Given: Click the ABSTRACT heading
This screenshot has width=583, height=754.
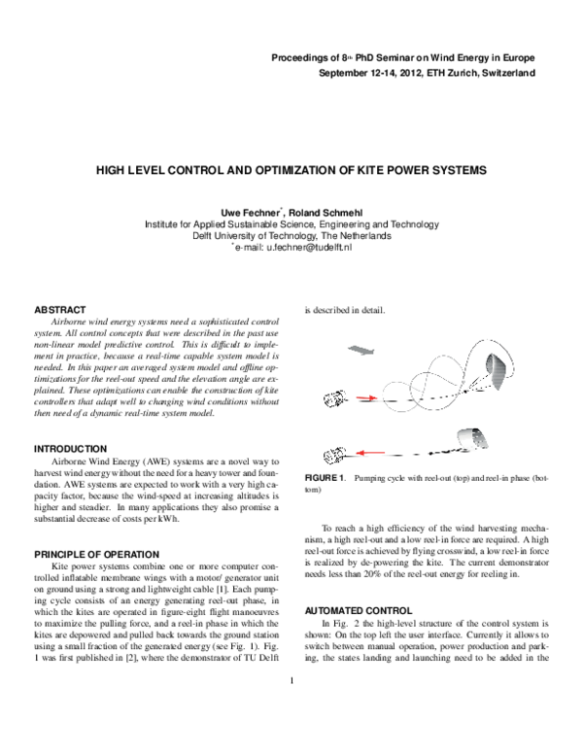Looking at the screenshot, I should [60, 309].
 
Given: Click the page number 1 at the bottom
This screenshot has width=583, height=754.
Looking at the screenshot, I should [291, 706].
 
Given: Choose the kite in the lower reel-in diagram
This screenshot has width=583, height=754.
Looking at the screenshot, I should [475, 438].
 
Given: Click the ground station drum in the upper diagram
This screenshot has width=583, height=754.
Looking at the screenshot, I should [335, 397].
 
